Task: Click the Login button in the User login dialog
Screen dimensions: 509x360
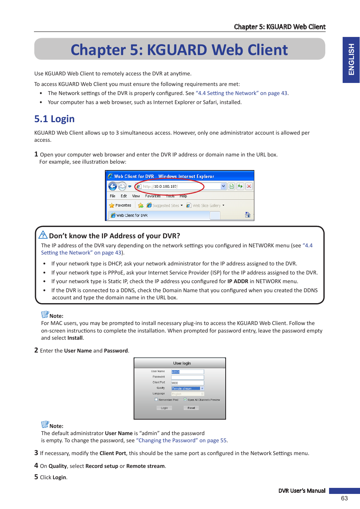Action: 164,408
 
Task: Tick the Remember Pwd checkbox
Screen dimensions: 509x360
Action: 156,400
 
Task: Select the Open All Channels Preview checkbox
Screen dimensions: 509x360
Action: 185,400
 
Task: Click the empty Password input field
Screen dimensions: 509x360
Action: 188,377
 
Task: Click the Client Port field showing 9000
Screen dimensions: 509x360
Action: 188,383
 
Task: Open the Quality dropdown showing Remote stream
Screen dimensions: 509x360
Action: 202,388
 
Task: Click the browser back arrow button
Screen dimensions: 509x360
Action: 112,186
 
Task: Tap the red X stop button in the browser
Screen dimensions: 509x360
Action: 249,186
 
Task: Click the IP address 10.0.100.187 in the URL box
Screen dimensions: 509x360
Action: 166,186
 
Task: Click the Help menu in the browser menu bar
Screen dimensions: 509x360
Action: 183,196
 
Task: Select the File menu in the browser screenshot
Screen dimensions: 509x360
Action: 112,196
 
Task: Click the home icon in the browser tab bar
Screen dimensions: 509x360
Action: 248,215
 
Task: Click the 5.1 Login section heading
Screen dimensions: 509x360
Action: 54,119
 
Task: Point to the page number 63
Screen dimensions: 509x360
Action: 344,498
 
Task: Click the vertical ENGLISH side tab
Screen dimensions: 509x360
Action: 351,60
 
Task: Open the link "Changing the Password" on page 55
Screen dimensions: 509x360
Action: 182,440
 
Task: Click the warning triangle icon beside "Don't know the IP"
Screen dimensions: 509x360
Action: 43,235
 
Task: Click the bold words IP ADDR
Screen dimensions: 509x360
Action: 238,281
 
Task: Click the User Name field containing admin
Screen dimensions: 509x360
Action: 188,372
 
